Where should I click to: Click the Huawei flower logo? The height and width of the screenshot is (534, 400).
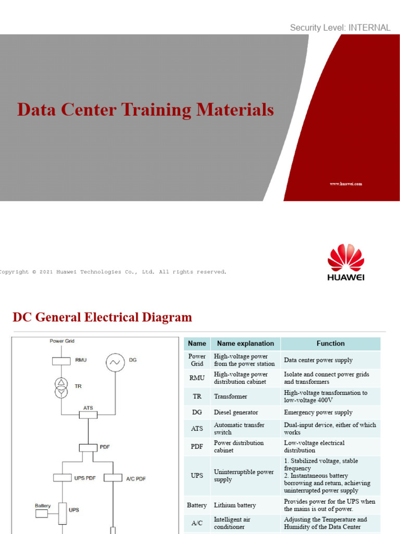click(346, 258)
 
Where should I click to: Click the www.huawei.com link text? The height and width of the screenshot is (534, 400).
click(346, 184)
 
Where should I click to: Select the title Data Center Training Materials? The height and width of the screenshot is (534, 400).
click(145, 110)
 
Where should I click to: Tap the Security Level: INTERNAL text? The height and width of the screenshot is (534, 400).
click(340, 28)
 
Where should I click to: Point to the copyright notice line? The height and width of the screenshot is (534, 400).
click(113, 272)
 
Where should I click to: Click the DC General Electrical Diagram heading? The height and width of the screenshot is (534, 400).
click(102, 317)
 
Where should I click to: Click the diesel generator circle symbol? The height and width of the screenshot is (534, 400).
click(115, 362)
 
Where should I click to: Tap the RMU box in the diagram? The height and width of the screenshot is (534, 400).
click(62, 360)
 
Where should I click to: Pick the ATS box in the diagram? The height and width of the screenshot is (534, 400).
click(88, 415)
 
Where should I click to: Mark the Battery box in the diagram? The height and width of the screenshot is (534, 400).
click(42, 514)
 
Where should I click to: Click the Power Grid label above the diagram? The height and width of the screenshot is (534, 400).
click(62, 341)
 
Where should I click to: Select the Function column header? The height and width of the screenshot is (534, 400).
click(330, 344)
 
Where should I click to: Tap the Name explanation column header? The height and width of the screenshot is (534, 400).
click(245, 344)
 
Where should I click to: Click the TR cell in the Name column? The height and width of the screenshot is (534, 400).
click(197, 397)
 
